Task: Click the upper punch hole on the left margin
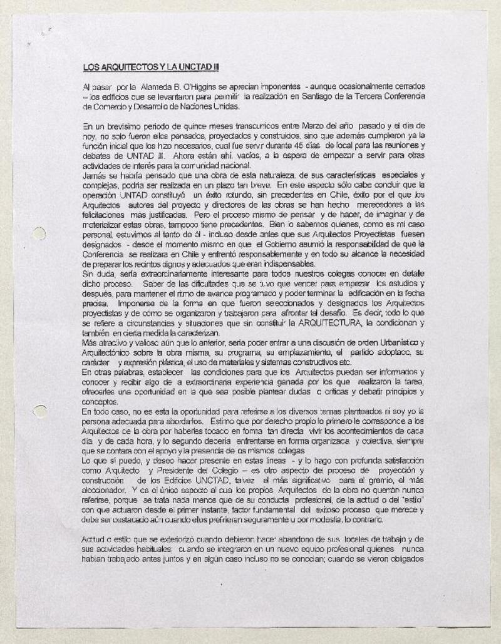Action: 39,233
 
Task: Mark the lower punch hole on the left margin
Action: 39,411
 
